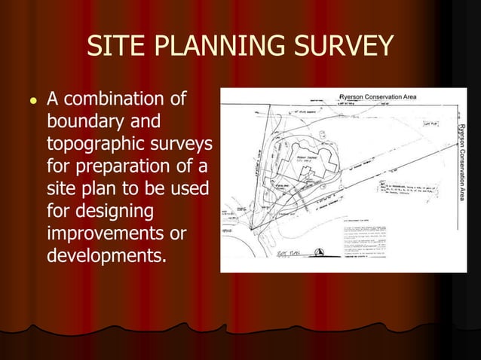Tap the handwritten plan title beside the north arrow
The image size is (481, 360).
pyautogui.click(x=290, y=254)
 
